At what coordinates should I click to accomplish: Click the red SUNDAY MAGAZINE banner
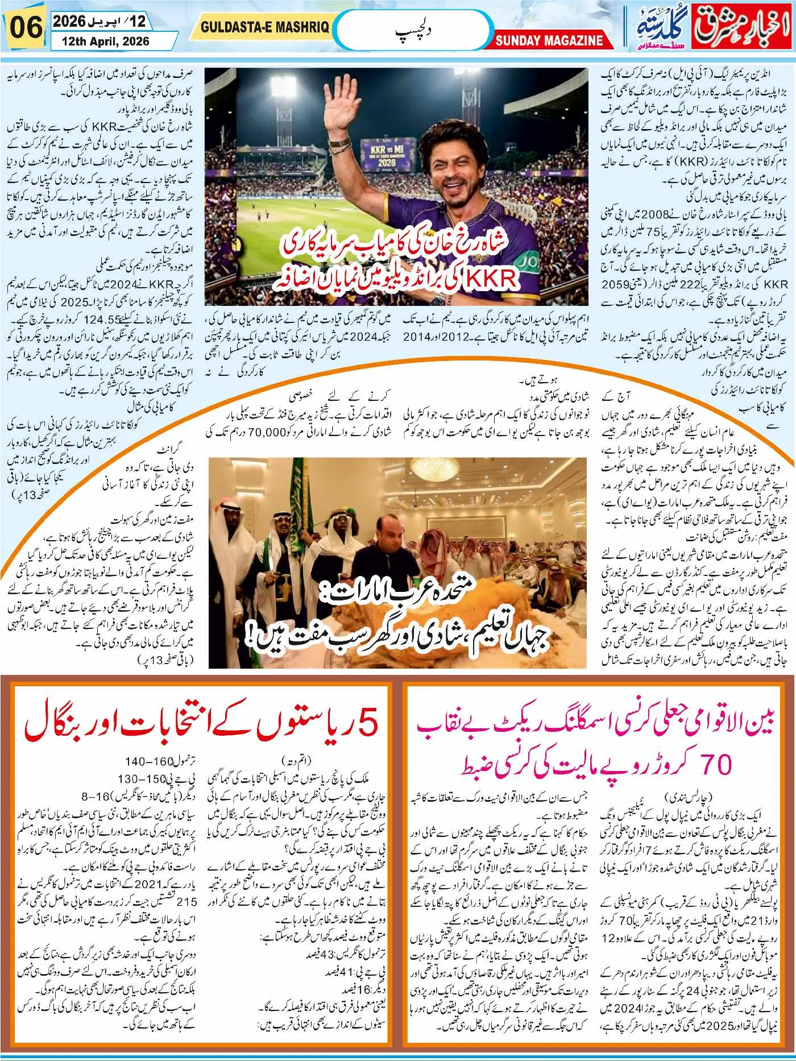[549, 40]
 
